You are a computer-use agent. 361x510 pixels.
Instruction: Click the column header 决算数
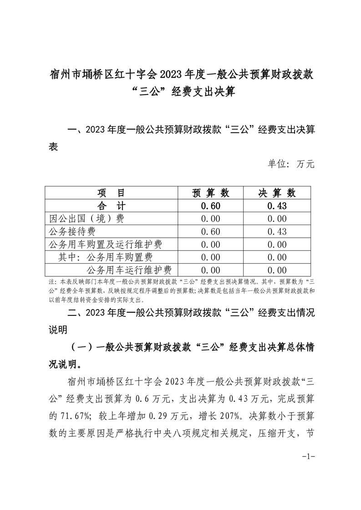coord(277,193)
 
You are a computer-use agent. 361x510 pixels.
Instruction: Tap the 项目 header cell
coord(111,193)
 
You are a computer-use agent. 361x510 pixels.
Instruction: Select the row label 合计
coord(111,205)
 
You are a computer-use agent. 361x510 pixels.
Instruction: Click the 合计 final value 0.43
coord(277,206)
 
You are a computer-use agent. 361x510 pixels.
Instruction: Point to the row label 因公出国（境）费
coord(86,219)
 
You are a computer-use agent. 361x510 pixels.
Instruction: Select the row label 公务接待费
coord(74,231)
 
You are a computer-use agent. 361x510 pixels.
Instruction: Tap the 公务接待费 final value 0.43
coord(277,232)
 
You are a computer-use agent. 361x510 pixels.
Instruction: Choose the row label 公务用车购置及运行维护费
coord(105,245)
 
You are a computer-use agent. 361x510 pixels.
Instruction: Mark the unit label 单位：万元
coord(291,164)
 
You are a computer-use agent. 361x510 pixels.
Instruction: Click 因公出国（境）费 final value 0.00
coord(277,219)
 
